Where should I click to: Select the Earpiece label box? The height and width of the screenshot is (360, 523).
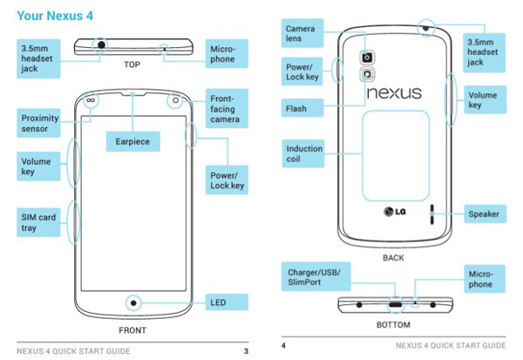point(131,140)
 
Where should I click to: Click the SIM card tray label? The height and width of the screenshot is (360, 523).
point(40,221)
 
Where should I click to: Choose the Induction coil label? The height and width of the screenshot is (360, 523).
point(305,154)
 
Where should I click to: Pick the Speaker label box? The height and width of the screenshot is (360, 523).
point(483,213)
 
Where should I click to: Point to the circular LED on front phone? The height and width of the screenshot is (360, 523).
point(133,303)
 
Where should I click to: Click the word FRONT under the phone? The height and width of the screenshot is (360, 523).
point(132,331)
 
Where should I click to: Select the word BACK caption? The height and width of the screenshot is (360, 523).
point(393,258)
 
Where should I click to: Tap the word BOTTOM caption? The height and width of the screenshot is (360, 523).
point(393,324)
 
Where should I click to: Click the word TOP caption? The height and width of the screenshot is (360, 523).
point(132,65)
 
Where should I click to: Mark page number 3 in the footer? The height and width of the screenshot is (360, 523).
point(247,350)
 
